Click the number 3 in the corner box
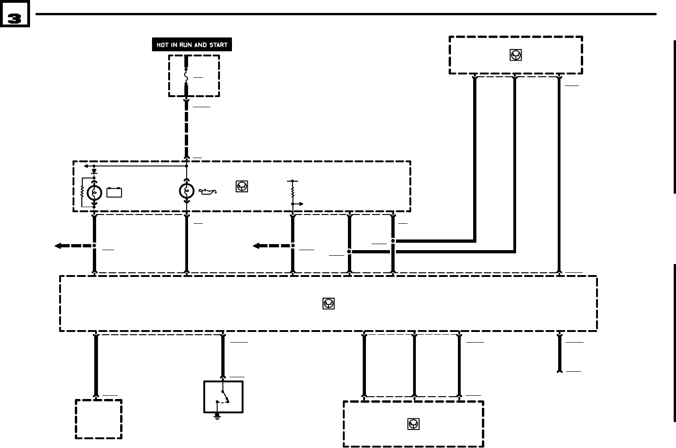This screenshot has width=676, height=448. tap(15, 18)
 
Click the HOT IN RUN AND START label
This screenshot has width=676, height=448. tap(192, 45)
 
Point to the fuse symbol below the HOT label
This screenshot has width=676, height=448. tap(186, 76)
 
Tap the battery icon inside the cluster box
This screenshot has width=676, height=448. tap(114, 192)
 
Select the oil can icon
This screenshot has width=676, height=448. tap(207, 191)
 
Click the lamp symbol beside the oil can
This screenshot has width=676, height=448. tap(186, 190)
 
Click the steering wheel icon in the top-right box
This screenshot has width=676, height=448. tap(516, 55)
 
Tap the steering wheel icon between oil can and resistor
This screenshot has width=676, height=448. tap(242, 186)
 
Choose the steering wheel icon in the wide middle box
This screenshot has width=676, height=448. tap(328, 303)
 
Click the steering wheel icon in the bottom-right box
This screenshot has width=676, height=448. tap(413, 423)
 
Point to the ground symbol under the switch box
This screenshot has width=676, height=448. tap(217, 417)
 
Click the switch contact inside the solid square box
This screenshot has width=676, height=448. tap(225, 397)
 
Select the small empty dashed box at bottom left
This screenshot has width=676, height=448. tap(98, 419)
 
